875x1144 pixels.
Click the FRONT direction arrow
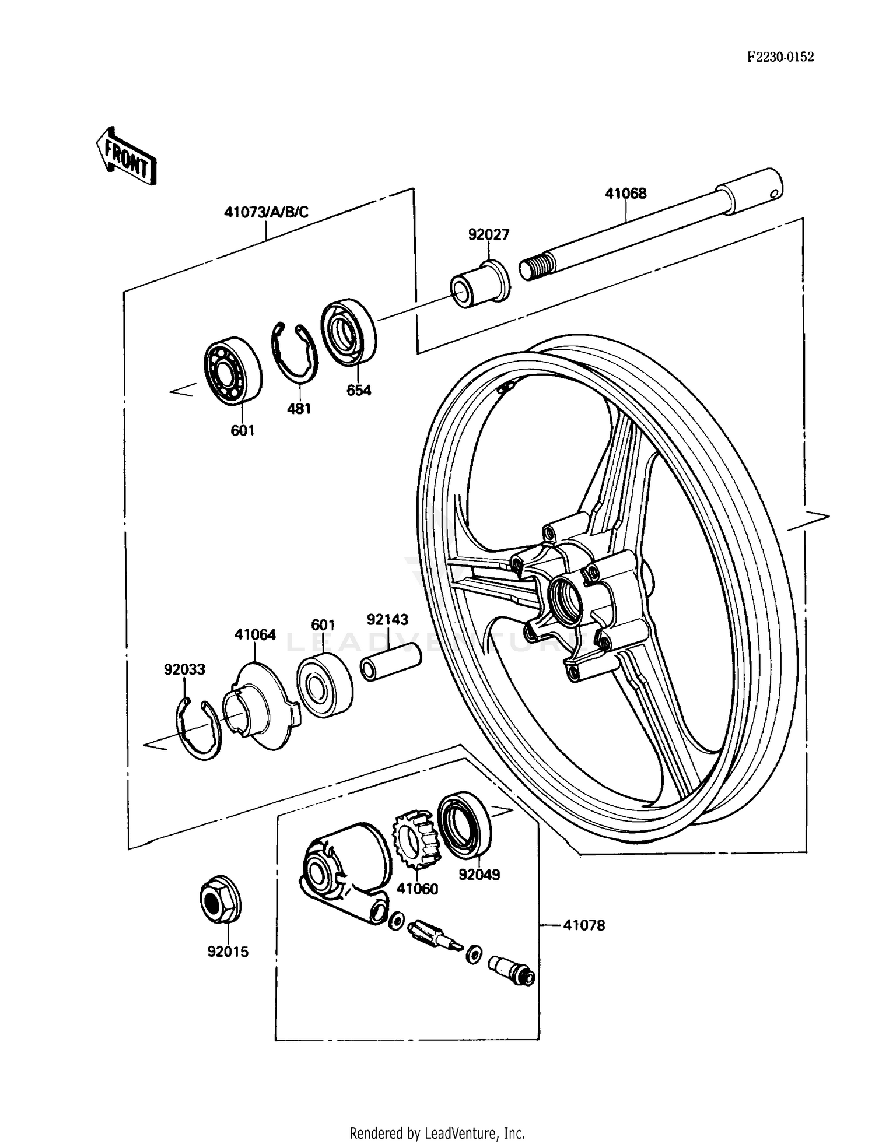click(x=125, y=156)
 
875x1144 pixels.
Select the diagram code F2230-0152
click(x=780, y=57)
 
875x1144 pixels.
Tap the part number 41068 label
click(x=625, y=194)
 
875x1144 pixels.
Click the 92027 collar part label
click(x=488, y=234)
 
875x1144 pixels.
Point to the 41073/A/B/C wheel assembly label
click(x=266, y=212)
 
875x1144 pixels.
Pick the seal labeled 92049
click(x=464, y=825)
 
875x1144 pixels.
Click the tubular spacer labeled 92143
click(x=391, y=662)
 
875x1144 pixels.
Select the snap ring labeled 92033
click(x=199, y=730)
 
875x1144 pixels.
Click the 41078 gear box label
click(x=584, y=925)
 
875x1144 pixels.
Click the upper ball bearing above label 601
click(x=233, y=370)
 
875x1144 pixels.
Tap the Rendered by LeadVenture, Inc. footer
click(x=437, y=1134)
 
